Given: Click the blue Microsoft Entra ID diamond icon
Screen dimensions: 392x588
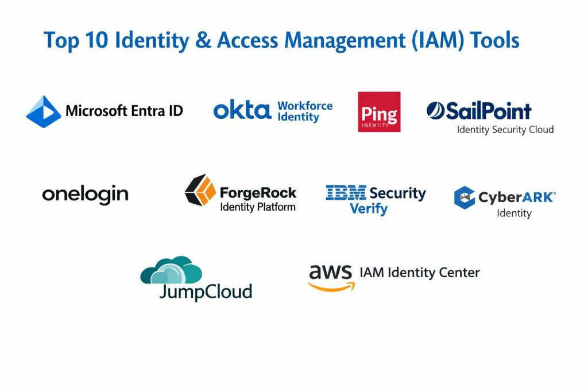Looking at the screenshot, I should [44, 111].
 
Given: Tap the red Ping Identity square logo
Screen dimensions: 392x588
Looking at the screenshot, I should [379, 112].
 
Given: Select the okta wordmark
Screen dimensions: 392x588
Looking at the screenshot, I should [242, 110].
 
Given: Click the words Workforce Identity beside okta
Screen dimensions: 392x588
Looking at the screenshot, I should [305, 111].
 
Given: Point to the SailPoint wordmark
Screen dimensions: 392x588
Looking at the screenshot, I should [479, 111].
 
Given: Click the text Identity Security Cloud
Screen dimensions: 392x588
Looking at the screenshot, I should [505, 130].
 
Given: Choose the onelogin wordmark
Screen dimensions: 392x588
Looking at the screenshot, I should [85, 195].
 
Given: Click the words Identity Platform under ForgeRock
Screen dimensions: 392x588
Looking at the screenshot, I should [258, 207].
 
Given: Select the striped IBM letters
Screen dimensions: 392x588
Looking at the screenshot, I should [346, 193].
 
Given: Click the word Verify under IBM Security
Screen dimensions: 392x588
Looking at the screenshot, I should [369, 209].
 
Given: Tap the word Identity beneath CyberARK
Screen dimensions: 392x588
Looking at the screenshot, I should [514, 214].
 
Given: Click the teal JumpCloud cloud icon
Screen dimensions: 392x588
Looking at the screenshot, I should [171, 270].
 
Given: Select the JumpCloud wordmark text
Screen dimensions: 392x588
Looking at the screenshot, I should [206, 292].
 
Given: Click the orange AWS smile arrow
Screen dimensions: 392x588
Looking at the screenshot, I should [331, 286].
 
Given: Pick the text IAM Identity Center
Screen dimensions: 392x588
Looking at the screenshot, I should [419, 272].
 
